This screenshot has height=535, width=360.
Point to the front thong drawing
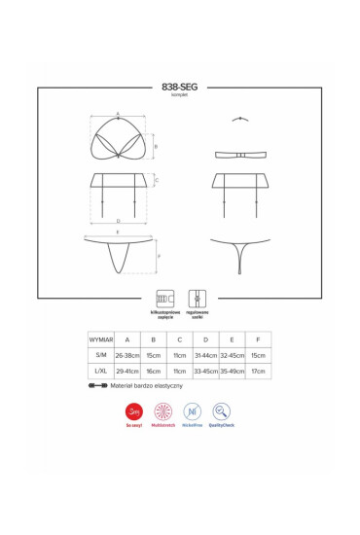pyautogui.click(x=121, y=254)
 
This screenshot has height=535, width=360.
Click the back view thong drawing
pyautogui.click(x=238, y=254)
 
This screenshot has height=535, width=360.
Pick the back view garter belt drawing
pyautogui.click(x=238, y=189)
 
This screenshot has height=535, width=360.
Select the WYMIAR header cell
pyautogui.click(x=101, y=340)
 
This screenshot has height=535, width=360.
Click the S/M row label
pyautogui.click(x=101, y=357)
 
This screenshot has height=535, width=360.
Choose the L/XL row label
pyautogui.click(x=101, y=373)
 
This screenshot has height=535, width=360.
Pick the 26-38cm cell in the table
pyautogui.click(x=126, y=357)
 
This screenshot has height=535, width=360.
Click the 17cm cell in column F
pyautogui.click(x=258, y=373)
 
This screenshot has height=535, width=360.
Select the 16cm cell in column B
pyautogui.click(x=153, y=373)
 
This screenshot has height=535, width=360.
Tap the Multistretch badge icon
pyautogui.click(x=163, y=411)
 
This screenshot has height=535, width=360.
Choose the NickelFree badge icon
pyautogui.click(x=193, y=411)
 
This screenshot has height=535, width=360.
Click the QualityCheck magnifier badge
pyautogui.click(x=222, y=411)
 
